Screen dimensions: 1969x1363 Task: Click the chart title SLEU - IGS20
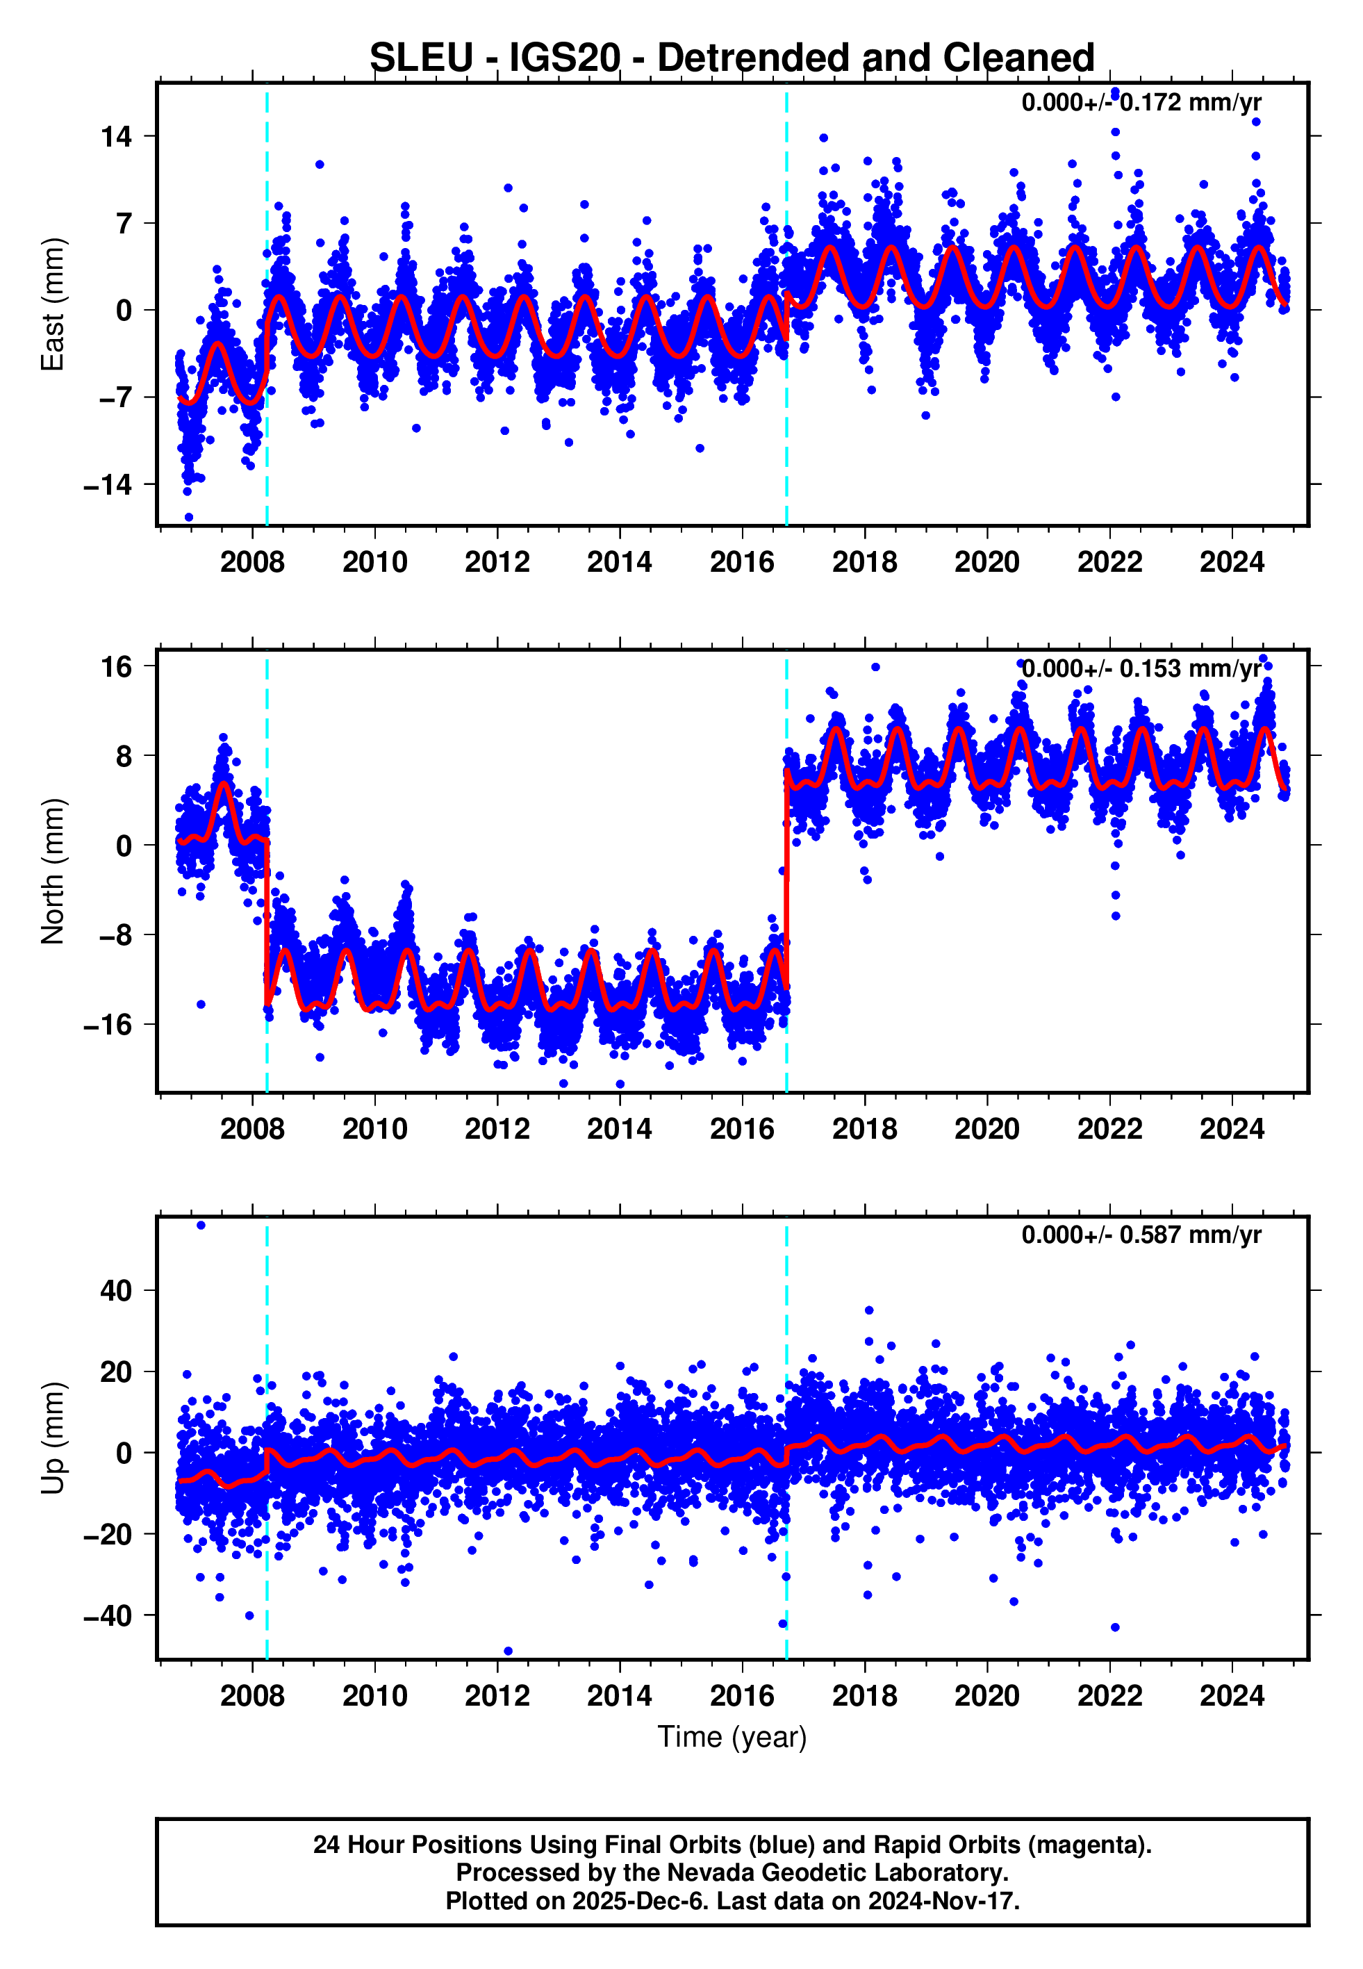731,58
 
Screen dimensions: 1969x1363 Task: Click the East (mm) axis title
53,305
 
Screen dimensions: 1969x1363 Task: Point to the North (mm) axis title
53,871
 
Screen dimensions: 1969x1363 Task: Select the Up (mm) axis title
53,1439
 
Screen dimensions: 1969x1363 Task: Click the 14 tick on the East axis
117,137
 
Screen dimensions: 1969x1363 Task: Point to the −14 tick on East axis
108,485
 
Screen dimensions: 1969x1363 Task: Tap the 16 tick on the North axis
117,667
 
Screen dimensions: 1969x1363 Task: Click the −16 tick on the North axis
108,1025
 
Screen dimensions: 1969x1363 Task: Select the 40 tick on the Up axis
117,1290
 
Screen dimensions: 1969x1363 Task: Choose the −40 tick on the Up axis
108,1615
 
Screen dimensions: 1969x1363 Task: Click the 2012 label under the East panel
497,563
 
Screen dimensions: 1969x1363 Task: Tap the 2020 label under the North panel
986,1130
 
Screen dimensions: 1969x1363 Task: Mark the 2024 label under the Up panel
1232,1696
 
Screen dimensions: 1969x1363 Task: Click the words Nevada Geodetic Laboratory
836,1872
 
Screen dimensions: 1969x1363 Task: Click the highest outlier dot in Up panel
201,1226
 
